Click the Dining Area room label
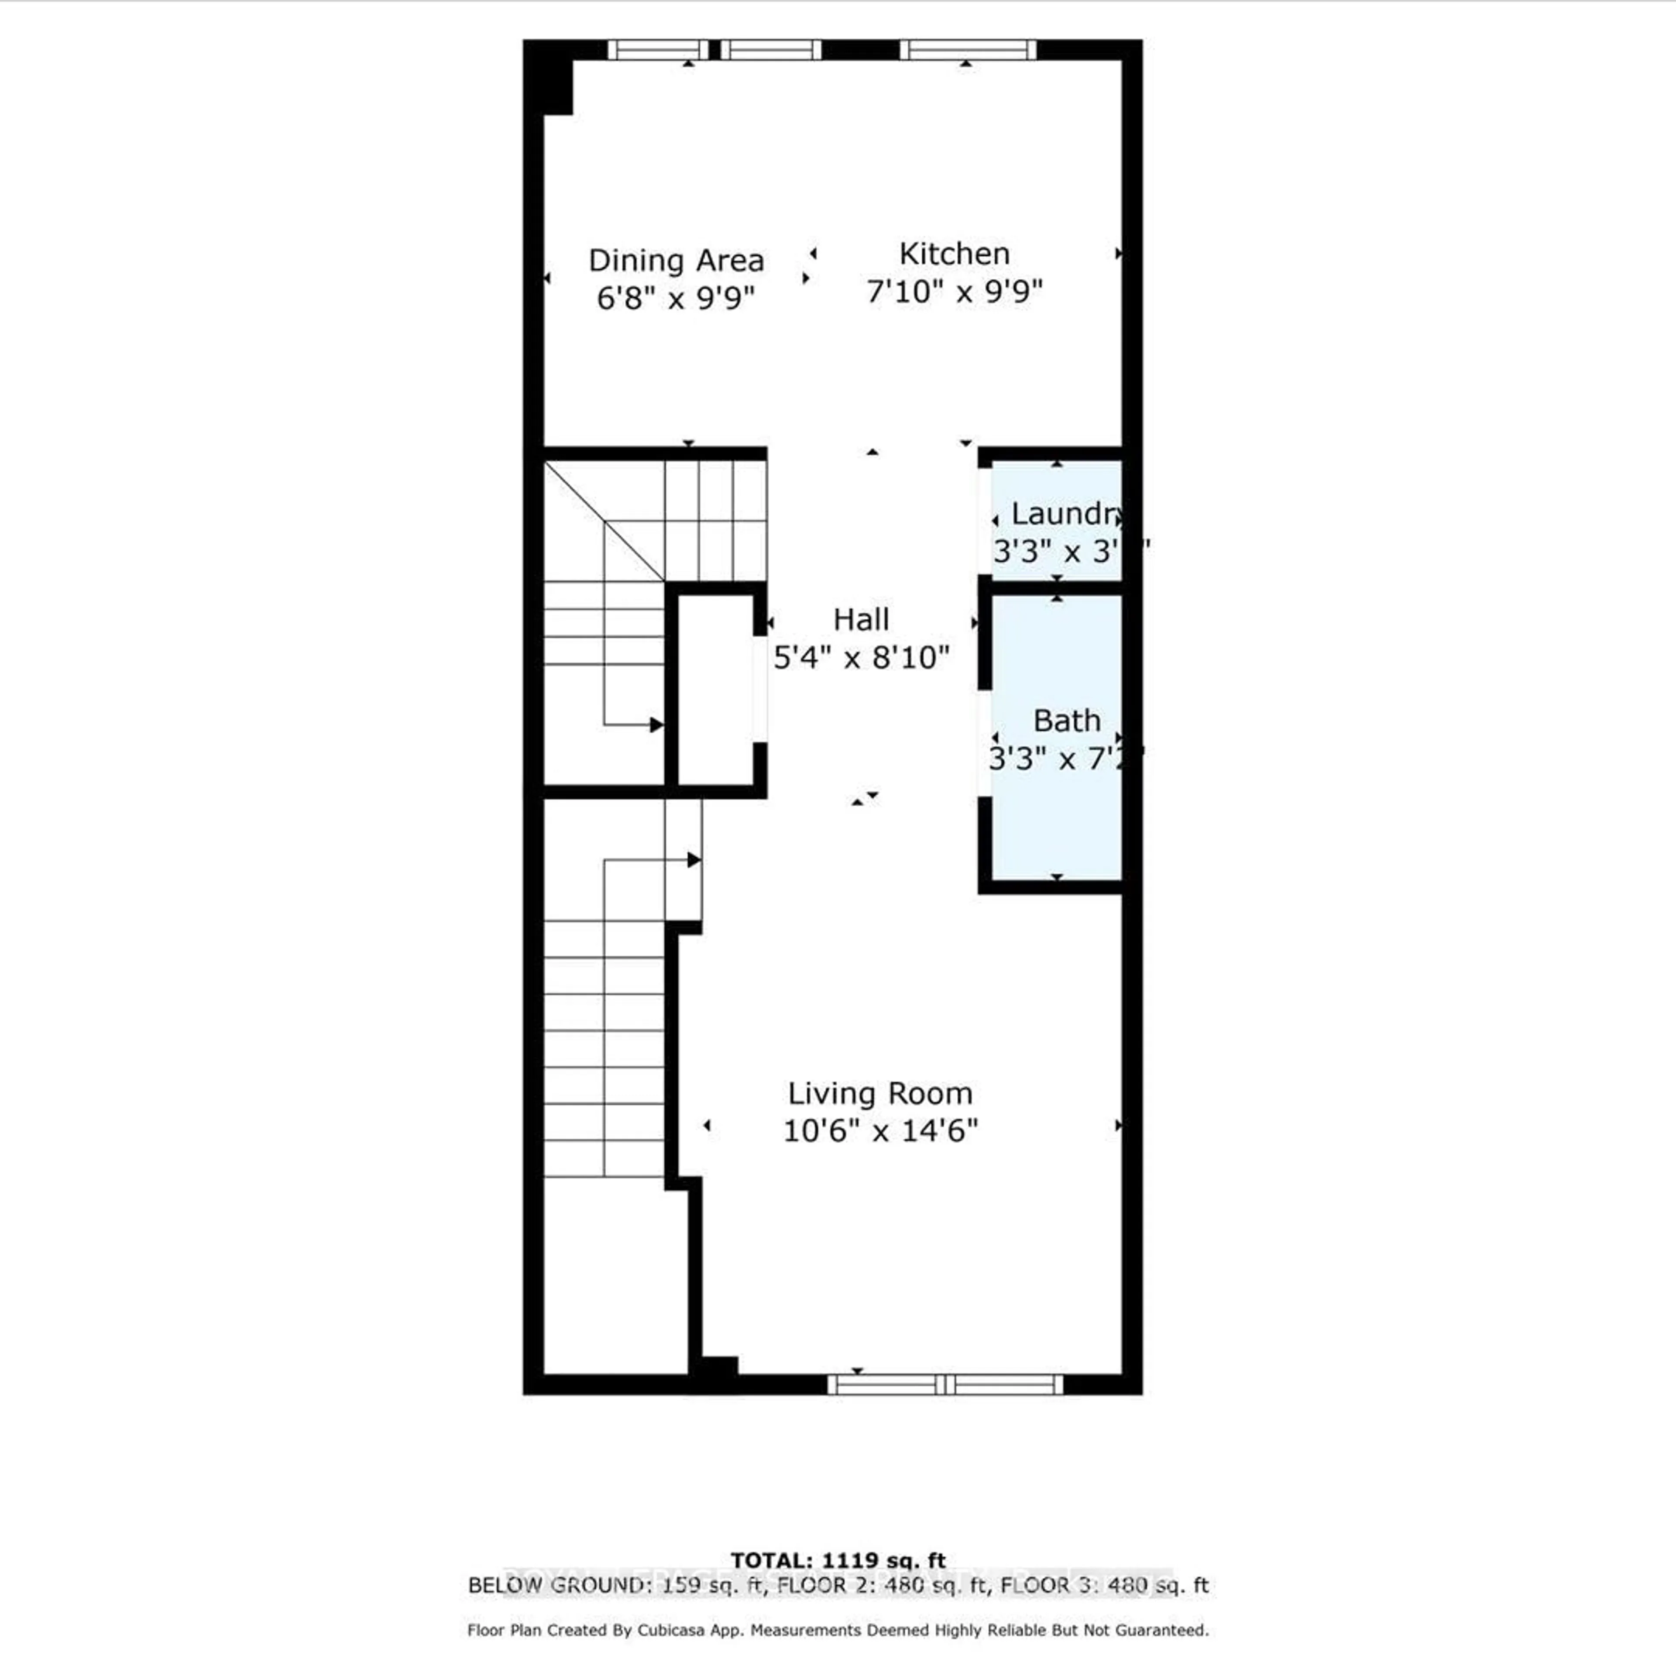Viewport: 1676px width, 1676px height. (676, 260)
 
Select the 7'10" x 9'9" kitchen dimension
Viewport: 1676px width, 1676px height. (954, 292)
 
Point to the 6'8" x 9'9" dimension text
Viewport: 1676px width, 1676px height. (676, 299)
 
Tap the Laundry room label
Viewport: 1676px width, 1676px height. (1065, 514)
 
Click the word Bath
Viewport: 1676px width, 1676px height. (1066, 721)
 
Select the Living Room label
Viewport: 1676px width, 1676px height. (879, 1093)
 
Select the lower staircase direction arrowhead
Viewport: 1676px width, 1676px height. (694, 860)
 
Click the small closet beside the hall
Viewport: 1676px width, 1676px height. (714, 690)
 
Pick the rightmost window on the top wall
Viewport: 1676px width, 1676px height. (967, 49)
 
